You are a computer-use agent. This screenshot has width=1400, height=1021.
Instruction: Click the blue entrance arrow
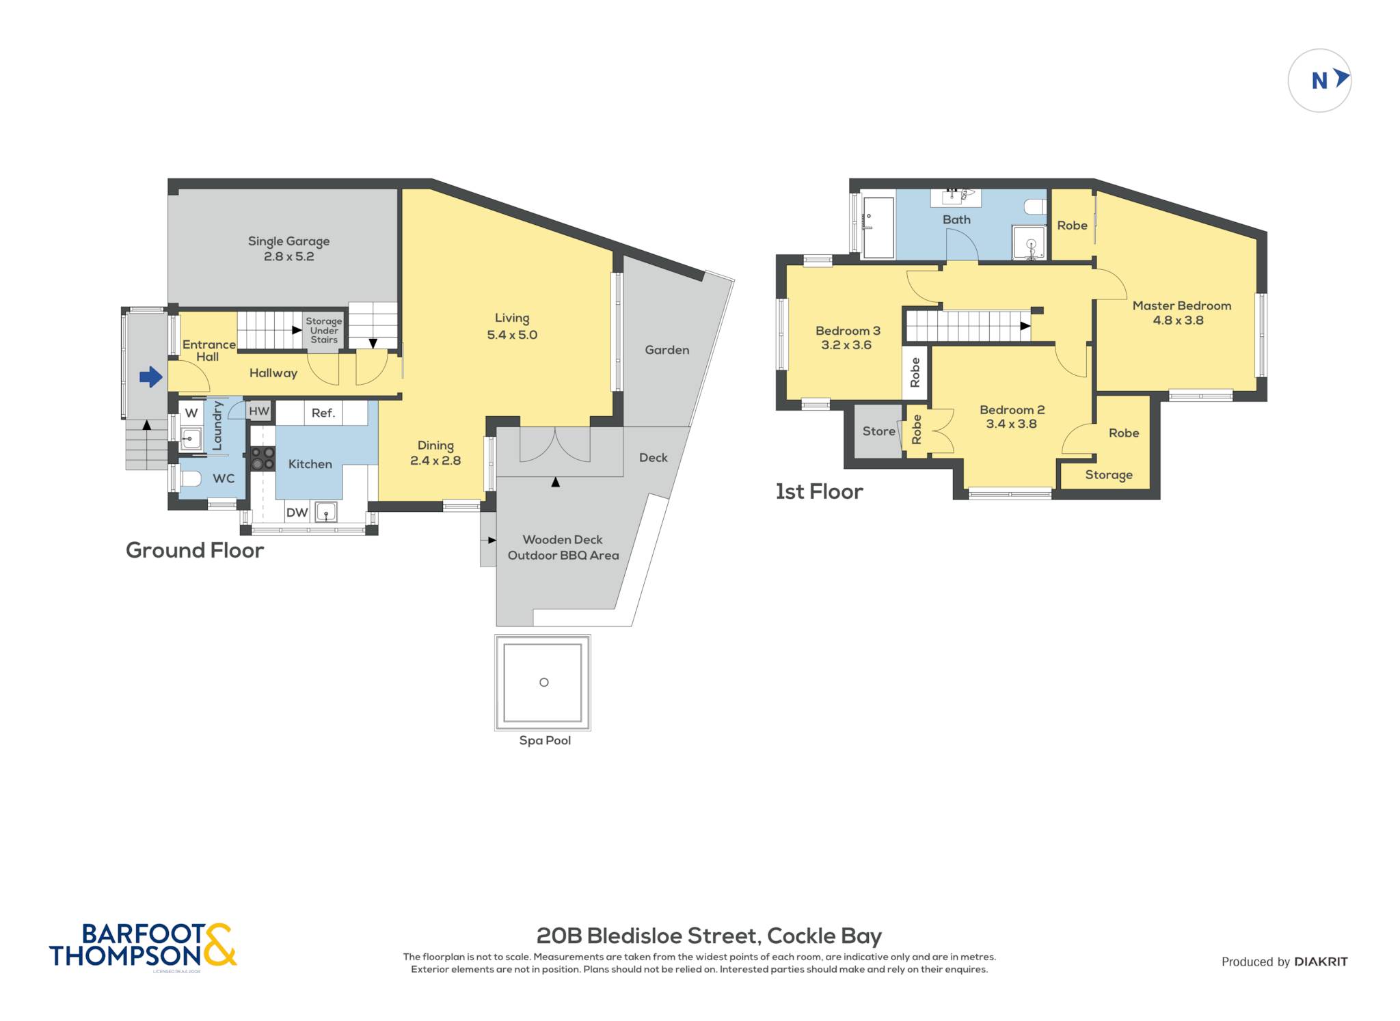pos(151,377)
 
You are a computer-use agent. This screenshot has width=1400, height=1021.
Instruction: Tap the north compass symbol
pos(1319,81)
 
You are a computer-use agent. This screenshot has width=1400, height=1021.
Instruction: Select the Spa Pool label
pos(545,740)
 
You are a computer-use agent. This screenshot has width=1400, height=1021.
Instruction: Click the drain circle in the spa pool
pos(544,682)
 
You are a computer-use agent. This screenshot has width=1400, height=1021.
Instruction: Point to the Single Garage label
pos(288,241)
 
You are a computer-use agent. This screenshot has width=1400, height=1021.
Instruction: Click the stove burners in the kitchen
pos(261,458)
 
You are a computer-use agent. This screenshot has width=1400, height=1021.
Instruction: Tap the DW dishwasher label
pos(297,513)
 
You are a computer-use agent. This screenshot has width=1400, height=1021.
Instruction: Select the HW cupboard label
pos(259,411)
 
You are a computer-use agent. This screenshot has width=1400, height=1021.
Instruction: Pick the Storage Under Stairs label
pos(324,330)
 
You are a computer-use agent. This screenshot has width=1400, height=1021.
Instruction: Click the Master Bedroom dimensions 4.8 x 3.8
pos(1178,320)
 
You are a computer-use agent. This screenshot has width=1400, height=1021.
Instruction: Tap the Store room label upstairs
pos(878,431)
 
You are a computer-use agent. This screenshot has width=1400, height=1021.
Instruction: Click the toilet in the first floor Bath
pos(1035,206)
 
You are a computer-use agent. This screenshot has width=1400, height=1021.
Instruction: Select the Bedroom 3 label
pos(848,331)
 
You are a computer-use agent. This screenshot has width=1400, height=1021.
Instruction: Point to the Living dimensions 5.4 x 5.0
pos(512,335)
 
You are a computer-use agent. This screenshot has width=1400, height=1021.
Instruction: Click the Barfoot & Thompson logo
pos(143,946)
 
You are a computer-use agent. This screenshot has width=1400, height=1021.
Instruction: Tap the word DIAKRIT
pos(1321,962)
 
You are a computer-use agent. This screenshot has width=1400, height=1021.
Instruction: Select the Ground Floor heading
pos(195,550)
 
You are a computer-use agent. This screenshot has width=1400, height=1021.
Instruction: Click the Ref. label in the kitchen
pos(323,413)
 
